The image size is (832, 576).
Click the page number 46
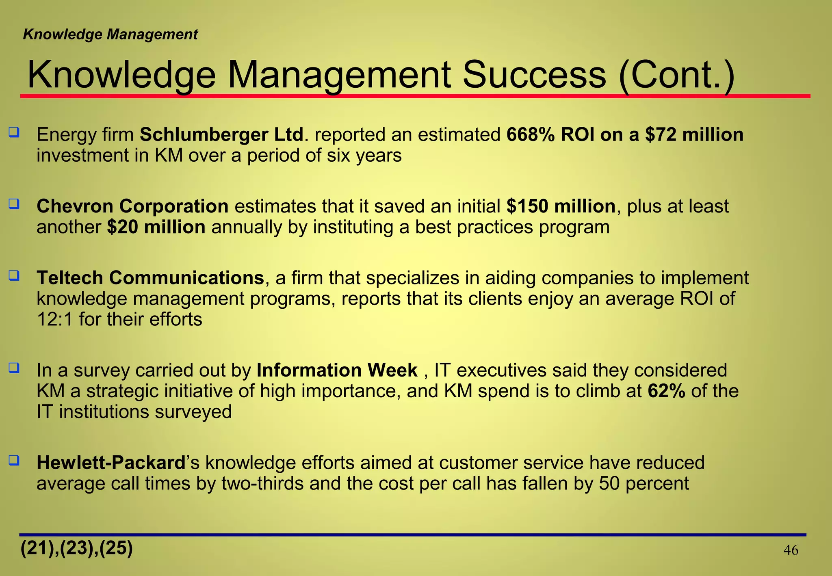(x=791, y=550)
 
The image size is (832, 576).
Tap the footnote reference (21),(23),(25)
(x=77, y=548)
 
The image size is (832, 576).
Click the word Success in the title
(x=534, y=75)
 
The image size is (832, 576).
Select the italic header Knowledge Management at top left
(x=110, y=35)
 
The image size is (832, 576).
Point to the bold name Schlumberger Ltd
(x=221, y=134)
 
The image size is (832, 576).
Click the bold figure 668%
(x=530, y=134)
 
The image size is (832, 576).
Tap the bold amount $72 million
(x=694, y=134)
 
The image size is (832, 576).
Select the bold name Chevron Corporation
(x=132, y=206)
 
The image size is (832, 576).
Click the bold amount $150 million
(x=561, y=206)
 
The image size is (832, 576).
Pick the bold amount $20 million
(x=156, y=227)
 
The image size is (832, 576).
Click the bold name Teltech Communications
(x=150, y=278)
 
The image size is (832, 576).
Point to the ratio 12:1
(x=54, y=319)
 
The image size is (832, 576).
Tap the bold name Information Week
(x=337, y=370)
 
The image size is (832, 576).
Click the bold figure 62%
(x=667, y=391)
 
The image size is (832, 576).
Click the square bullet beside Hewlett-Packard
(x=14, y=460)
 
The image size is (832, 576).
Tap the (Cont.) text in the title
(x=677, y=75)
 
